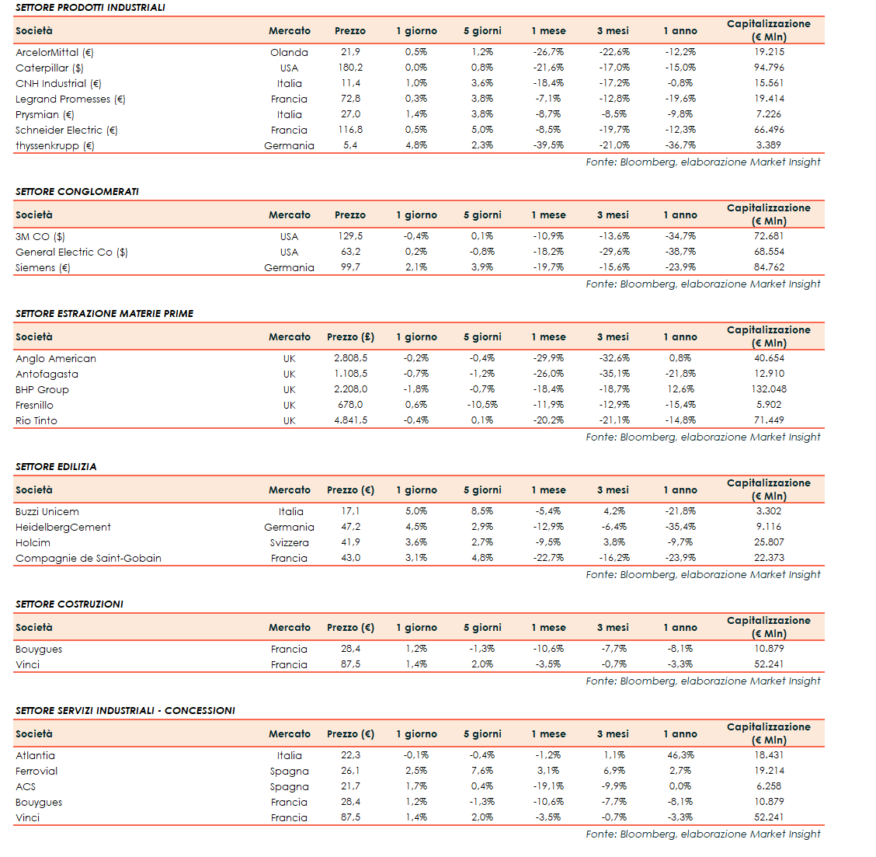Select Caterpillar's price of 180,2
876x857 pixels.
pos(350,68)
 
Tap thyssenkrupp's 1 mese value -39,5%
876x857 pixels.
pos(548,145)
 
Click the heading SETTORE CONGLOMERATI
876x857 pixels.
pos(77,192)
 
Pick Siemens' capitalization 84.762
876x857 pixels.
pos(769,267)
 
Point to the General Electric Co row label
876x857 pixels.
pos(71,253)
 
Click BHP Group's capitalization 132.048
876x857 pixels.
pos(769,389)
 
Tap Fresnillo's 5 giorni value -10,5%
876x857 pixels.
pos(482,405)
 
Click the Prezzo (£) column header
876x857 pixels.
pos(350,337)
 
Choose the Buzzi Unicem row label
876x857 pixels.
pos(47,512)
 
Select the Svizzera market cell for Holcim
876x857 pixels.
pos(290,543)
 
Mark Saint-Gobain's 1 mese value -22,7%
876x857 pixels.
pos(548,558)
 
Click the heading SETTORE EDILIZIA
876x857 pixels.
pos(56,467)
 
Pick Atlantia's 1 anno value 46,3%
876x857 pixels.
pos(680,755)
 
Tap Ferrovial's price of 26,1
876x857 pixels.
pos(350,771)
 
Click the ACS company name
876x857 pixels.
pos(26,787)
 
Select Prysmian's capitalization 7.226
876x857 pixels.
pos(769,114)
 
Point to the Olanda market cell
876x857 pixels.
pos(289,53)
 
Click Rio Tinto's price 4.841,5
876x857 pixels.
pos(350,420)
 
